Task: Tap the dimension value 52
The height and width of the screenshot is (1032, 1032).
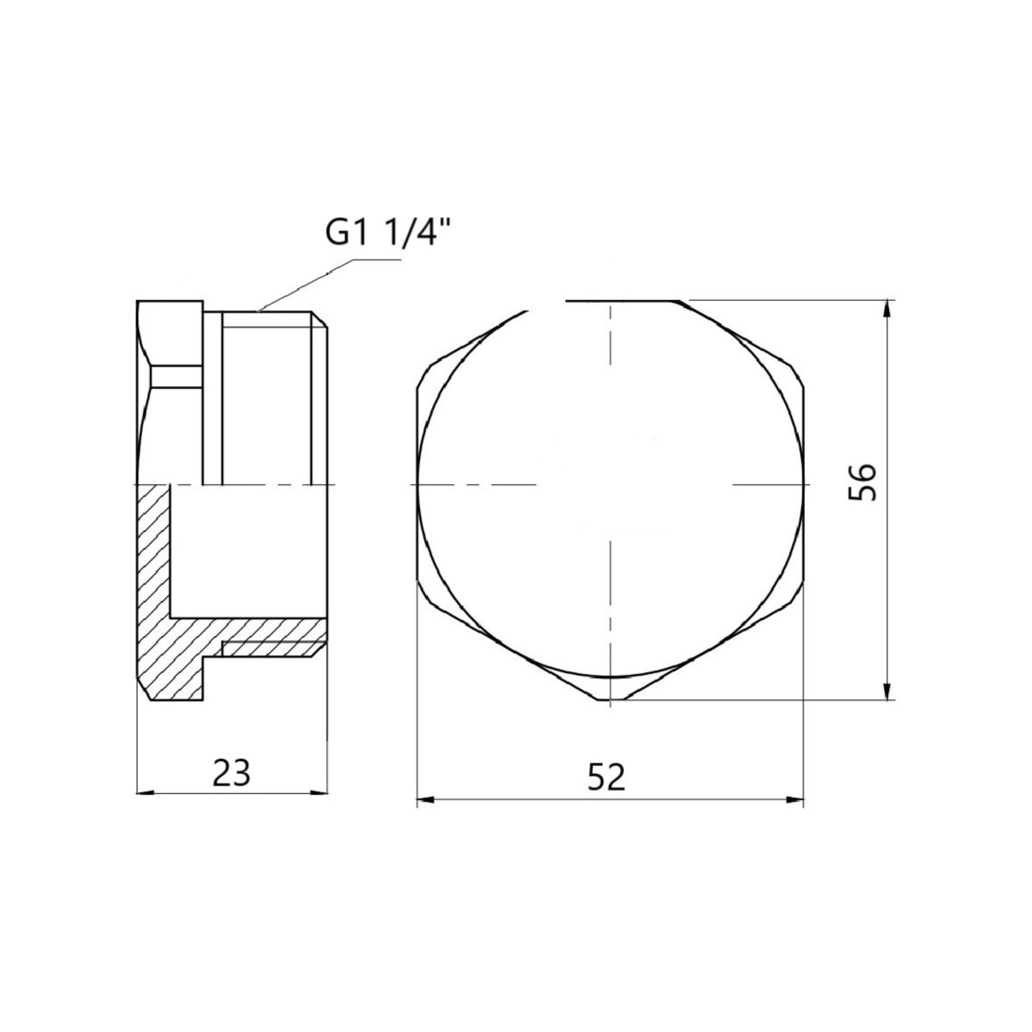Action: [606, 778]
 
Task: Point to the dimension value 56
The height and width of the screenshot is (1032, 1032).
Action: [863, 482]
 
